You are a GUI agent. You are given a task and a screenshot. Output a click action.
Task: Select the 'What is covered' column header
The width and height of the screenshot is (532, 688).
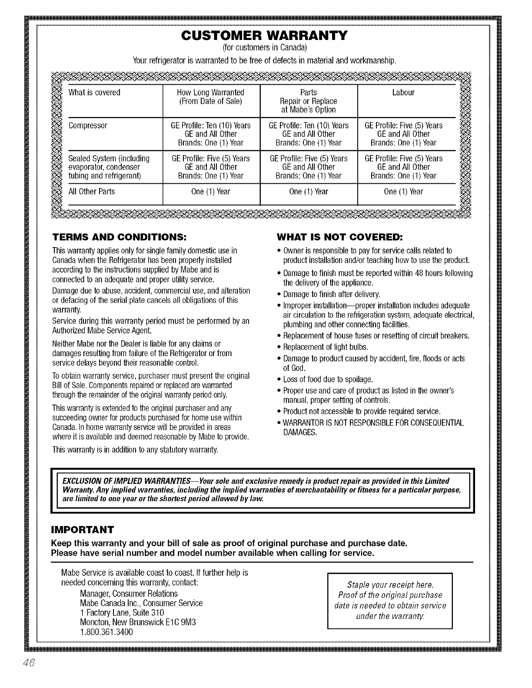[94, 93]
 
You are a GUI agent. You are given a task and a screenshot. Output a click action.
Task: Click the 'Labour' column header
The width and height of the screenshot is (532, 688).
[403, 93]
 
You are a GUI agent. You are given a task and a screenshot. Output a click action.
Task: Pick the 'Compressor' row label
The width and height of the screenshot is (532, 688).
[88, 126]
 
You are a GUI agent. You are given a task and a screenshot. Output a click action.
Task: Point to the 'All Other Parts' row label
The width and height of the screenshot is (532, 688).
[92, 192]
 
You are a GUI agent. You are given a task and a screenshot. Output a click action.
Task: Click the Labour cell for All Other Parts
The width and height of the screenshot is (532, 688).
[403, 192]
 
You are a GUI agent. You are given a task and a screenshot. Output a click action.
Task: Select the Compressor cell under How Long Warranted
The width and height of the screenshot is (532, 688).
[211, 134]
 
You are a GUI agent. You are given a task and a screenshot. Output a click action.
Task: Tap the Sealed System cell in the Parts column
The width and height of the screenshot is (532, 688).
[309, 167]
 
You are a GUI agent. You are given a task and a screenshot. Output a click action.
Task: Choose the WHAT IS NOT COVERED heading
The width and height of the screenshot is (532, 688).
[340, 238]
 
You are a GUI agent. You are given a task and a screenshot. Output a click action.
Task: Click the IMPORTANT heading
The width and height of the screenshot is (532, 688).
[83, 529]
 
